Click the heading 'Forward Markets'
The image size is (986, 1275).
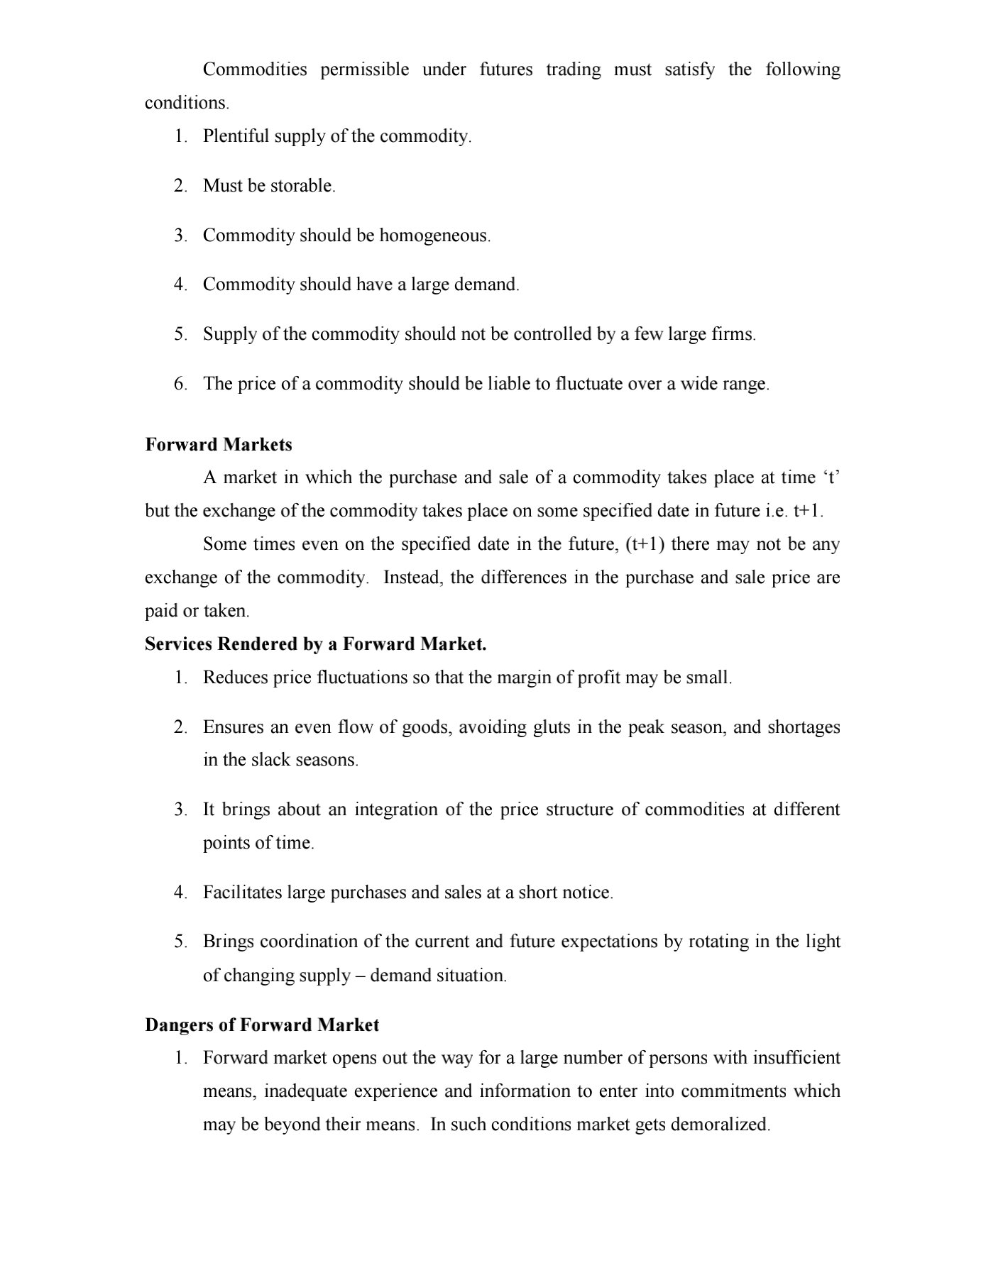coord(219,445)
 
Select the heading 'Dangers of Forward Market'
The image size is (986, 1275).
coord(262,1025)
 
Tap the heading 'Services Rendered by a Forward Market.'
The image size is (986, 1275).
coord(315,644)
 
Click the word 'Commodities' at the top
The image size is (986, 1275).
coord(255,70)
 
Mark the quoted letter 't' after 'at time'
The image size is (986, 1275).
coord(831,478)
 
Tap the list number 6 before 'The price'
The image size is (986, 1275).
coord(180,385)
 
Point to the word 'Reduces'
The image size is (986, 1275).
coord(235,678)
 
